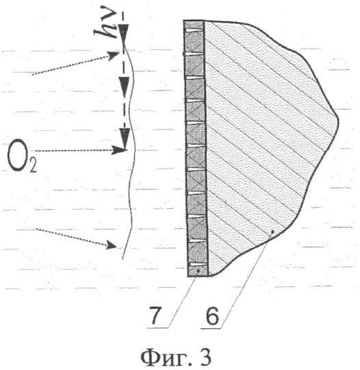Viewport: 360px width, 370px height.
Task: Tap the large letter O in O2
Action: [17, 155]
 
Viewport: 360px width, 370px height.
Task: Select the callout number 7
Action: [155, 316]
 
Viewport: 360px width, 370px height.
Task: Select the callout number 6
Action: [212, 316]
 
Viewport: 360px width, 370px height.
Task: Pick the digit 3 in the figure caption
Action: [205, 358]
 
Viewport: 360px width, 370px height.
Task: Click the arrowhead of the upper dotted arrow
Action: [114, 56]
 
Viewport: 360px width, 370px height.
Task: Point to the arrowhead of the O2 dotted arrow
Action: [119, 150]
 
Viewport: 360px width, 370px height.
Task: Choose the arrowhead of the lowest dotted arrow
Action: [112, 245]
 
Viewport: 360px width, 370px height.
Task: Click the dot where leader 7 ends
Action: [198, 271]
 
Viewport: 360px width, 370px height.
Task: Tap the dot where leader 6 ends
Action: [272, 232]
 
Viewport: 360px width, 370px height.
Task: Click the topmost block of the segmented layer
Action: [194, 25]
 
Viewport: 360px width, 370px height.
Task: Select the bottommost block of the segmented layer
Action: [198, 271]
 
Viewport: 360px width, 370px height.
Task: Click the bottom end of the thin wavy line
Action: [122, 259]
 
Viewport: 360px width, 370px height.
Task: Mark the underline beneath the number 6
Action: [211, 328]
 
